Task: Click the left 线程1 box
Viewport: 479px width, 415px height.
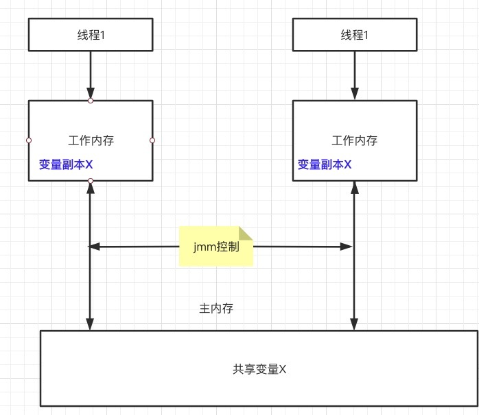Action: (x=90, y=34)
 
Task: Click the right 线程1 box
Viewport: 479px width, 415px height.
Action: (x=354, y=34)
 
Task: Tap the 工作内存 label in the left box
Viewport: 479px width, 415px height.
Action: (x=91, y=141)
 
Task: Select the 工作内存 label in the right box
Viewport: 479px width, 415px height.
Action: (x=354, y=141)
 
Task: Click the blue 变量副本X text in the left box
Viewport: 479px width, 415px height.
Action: (x=66, y=165)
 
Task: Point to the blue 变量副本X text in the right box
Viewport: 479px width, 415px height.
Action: (x=325, y=165)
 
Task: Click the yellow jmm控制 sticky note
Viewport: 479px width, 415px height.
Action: (x=216, y=247)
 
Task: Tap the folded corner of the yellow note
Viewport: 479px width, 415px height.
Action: (x=246, y=233)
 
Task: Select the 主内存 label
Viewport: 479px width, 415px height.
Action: (x=216, y=308)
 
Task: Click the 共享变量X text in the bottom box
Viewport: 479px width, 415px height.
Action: (x=259, y=369)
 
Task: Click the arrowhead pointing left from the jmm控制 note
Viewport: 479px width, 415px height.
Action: (x=95, y=246)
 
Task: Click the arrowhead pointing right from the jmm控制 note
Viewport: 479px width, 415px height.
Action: (x=348, y=246)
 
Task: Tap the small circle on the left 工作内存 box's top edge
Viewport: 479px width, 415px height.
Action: (x=91, y=101)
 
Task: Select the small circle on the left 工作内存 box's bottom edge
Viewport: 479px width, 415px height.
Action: (x=91, y=181)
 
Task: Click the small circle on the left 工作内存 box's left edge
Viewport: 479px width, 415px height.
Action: (x=29, y=140)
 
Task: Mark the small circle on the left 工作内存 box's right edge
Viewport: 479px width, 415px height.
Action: (x=152, y=140)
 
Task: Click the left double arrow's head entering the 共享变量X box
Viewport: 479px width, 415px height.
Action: (x=90, y=325)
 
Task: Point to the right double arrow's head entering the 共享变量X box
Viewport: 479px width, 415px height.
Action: (x=354, y=325)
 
